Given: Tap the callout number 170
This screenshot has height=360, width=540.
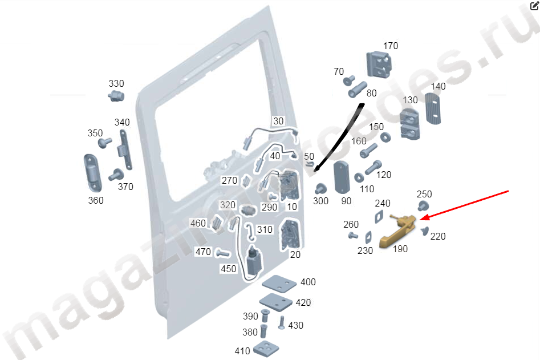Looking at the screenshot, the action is [391, 46].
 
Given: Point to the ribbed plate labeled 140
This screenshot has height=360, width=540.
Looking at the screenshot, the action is [433, 108].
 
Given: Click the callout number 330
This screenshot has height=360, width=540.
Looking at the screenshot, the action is [116, 83].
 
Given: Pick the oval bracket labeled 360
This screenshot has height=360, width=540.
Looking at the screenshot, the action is [93, 173].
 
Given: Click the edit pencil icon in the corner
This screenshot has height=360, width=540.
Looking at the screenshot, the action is [534, 5].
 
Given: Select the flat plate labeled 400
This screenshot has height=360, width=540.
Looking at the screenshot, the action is [279, 284].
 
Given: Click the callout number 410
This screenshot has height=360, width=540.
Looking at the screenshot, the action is [242, 351].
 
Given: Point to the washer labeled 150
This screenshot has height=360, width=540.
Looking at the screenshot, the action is [385, 137].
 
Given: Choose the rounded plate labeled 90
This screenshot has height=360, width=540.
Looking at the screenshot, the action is [342, 177].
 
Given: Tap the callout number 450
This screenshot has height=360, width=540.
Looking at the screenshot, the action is [228, 269].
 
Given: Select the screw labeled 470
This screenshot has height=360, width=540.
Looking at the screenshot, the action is [222, 254].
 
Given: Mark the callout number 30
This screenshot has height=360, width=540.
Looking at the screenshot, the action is [278, 121].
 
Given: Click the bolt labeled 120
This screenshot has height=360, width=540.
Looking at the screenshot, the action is [373, 167].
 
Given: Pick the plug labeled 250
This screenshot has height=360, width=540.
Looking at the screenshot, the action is [423, 206].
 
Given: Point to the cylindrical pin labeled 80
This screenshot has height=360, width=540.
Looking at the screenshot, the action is [358, 90].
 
